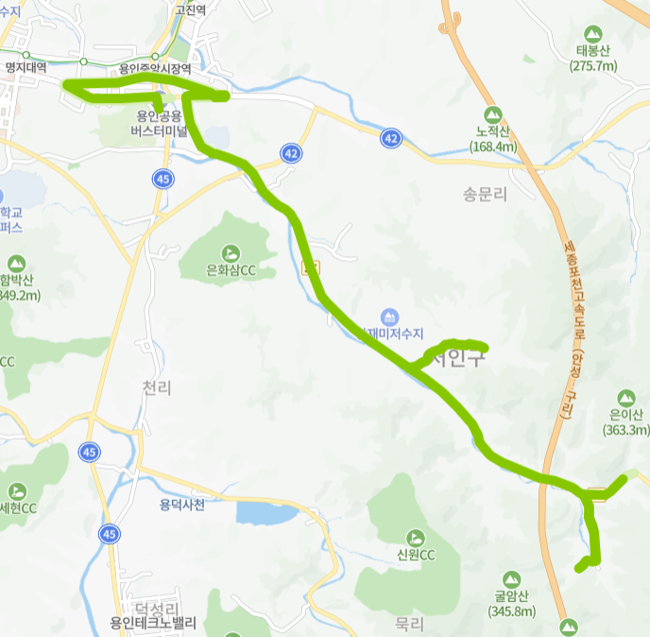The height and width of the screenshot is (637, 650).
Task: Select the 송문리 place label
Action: click(486, 195)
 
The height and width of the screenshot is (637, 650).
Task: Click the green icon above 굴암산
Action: click(513, 577)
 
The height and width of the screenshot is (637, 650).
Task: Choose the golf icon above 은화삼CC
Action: click(231, 252)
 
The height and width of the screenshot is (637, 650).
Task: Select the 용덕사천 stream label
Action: click(182, 505)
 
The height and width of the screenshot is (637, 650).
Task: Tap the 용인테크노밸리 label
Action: click(153, 623)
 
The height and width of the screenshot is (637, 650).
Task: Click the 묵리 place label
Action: click(410, 624)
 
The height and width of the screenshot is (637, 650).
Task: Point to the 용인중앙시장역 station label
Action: click(155, 69)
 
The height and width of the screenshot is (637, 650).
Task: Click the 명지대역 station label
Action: click(26, 69)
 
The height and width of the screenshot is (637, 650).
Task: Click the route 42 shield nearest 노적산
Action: click(390, 139)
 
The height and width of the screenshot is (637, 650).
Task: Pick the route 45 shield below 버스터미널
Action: click(163, 178)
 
